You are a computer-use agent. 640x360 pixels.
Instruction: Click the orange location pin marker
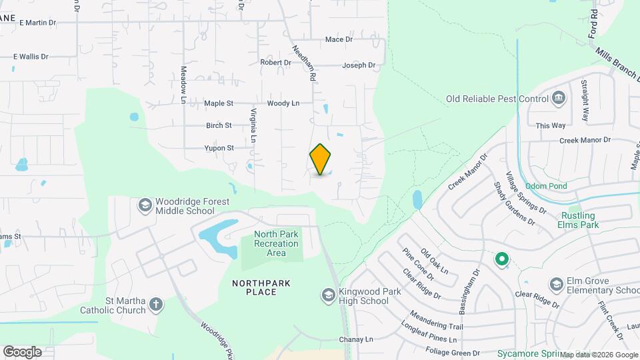pos(321,159)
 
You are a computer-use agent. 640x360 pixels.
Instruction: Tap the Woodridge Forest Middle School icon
pos(145,205)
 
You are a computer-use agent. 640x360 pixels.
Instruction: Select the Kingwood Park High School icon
pos(328,295)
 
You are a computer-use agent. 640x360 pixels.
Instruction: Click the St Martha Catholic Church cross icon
pos(156,305)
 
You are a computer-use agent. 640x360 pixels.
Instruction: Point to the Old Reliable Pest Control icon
pos(559,99)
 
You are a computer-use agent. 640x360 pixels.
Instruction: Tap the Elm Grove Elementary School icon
pos(556,285)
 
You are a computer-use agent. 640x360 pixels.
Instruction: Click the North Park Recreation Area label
pos(276,243)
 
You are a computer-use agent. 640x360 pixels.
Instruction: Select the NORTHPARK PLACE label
pos(261,287)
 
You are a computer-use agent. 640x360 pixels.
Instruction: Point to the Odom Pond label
pos(545,186)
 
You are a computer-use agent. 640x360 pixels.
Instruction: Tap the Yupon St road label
pos(219,148)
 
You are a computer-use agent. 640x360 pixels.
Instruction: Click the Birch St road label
pos(219,125)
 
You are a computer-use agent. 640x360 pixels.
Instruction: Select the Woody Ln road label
pos(283,103)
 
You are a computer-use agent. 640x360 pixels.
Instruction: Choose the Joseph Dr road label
pos(359,65)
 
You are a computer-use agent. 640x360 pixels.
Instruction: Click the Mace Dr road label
pos(339,39)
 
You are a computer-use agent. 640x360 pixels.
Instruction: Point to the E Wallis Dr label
pos(31,57)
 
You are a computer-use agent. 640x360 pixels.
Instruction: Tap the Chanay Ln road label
pos(356,339)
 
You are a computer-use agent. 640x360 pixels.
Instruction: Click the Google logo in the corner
pos(22,351)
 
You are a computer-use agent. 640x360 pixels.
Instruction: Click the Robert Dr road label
pos(275,63)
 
